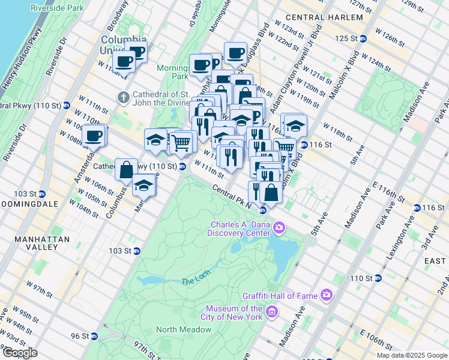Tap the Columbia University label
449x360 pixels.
117,44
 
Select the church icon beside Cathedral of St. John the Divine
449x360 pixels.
123,97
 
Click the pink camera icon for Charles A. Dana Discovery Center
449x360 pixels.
279,227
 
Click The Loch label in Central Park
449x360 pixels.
196,281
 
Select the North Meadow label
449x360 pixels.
184,329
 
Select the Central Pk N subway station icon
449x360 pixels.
262,210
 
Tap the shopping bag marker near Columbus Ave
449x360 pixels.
126,170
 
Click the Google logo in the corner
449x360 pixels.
20,352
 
